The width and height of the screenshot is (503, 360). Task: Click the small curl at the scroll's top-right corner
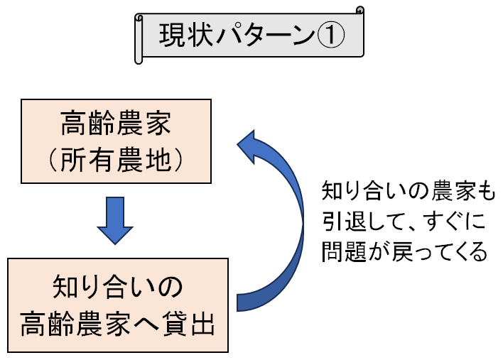[359, 10]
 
